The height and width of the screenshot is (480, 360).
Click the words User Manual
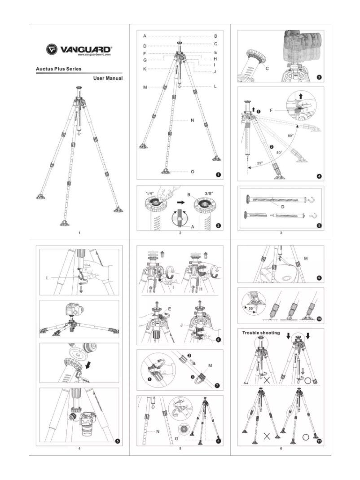[x=108, y=78]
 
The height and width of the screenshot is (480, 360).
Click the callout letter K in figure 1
[x=145, y=69]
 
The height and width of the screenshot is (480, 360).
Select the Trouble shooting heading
[x=261, y=333]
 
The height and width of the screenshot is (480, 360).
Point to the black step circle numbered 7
[x=218, y=385]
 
